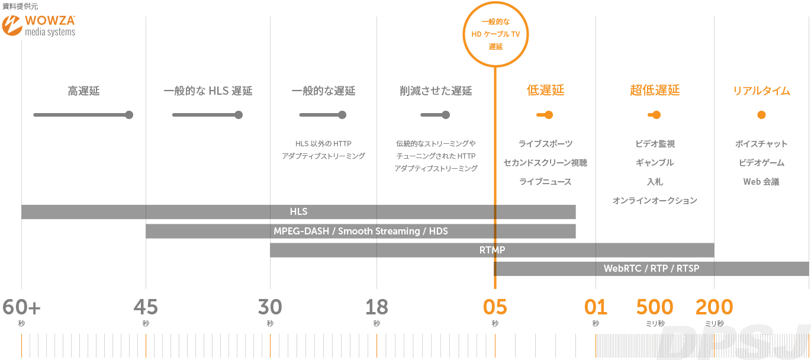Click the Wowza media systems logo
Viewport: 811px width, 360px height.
tap(38, 25)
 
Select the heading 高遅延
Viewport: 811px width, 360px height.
tap(83, 91)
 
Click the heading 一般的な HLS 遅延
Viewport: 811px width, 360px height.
tap(208, 91)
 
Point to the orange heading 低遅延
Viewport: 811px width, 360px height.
tap(545, 90)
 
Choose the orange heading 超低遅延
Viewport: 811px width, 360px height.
tap(655, 90)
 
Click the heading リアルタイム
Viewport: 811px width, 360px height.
tap(761, 91)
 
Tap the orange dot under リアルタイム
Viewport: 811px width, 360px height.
tap(761, 115)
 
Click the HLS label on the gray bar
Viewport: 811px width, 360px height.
tap(299, 211)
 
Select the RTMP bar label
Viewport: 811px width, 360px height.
tap(492, 250)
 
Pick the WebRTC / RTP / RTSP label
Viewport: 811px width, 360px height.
tap(651, 268)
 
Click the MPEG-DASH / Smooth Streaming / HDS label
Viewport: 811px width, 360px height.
tap(361, 231)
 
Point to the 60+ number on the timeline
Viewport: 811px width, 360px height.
tap(21, 307)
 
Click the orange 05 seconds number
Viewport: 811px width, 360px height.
tap(495, 307)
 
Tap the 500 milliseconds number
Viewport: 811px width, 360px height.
tap(655, 307)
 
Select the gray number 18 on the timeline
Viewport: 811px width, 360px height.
tap(376, 307)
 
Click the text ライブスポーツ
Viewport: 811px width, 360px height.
tap(545, 144)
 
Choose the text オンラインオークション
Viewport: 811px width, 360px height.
tap(655, 200)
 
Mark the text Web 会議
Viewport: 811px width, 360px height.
tap(761, 181)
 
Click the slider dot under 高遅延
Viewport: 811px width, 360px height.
tap(129, 115)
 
